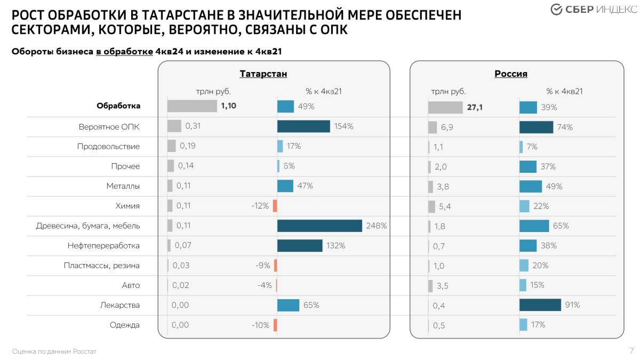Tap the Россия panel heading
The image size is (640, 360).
pyautogui.click(x=511, y=74)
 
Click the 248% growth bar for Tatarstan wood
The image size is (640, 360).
pyautogui.click(x=319, y=226)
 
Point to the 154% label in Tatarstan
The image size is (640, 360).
pyautogui.click(x=344, y=126)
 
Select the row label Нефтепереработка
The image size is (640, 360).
pyautogui.click(x=103, y=246)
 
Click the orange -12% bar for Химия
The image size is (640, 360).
pyautogui.click(x=275, y=206)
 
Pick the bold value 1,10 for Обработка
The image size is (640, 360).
pyautogui.click(x=228, y=106)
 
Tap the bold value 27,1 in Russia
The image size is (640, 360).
pyautogui.click(x=475, y=107)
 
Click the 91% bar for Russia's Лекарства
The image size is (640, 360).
pyautogui.click(x=540, y=305)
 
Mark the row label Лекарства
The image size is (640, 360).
pyautogui.click(x=120, y=305)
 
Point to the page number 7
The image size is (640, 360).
pyautogui.click(x=631, y=350)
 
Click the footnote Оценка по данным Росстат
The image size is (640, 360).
pyautogui.click(x=54, y=351)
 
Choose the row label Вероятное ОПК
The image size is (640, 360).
pyautogui.click(x=109, y=127)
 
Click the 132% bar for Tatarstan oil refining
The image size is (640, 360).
pyautogui.click(x=300, y=245)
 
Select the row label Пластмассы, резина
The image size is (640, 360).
pyautogui.click(x=101, y=266)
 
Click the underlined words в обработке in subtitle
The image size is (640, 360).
pyautogui.click(x=124, y=52)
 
